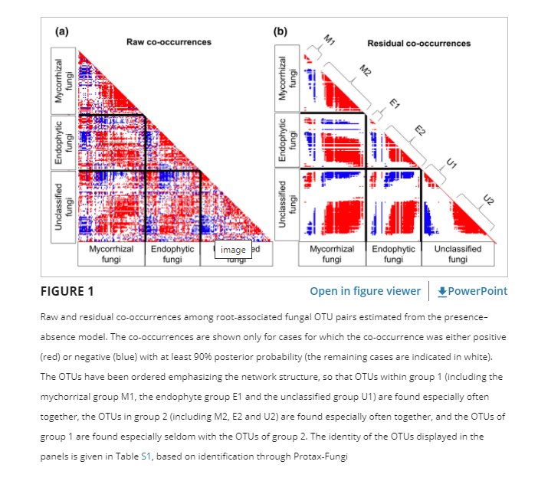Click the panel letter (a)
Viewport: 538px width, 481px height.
(x=63, y=32)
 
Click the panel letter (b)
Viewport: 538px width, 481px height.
(x=280, y=32)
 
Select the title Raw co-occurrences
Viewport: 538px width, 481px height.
(x=169, y=41)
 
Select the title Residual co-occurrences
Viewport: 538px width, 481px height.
(x=419, y=44)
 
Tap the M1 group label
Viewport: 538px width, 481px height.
(x=329, y=40)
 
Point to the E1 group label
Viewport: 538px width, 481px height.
(x=395, y=104)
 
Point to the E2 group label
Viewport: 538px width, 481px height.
(x=419, y=130)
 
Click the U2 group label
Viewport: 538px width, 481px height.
(x=487, y=201)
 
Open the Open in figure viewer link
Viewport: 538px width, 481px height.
(x=365, y=291)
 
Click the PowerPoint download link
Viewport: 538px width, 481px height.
(x=472, y=291)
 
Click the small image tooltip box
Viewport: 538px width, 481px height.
(x=233, y=250)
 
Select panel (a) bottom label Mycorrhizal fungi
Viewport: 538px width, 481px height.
(x=111, y=255)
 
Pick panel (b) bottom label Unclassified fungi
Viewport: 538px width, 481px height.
(x=458, y=255)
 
